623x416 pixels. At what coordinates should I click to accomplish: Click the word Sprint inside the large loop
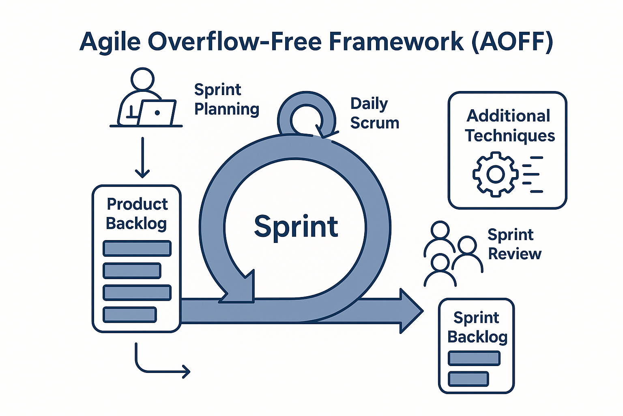[x=296, y=227]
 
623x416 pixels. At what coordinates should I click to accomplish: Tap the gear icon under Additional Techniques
[x=495, y=174]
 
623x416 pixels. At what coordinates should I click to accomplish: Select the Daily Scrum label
[x=374, y=113]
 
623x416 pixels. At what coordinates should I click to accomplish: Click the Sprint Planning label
[x=226, y=100]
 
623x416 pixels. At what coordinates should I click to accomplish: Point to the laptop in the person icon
[x=157, y=113]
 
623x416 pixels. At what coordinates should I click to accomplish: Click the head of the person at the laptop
[x=143, y=79]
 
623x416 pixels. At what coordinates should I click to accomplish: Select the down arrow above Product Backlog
[x=142, y=158]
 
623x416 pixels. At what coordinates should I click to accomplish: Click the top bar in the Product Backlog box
[x=137, y=249]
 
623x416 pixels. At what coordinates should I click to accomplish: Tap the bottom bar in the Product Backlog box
[x=130, y=314]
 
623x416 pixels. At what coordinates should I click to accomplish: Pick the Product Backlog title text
[x=137, y=214]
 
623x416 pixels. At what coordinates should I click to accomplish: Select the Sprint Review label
[x=514, y=244]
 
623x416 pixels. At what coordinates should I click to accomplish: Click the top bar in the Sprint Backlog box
[x=474, y=358]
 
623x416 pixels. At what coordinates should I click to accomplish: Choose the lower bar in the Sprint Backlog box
[x=468, y=379]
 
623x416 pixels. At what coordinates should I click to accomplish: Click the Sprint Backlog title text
[x=477, y=327]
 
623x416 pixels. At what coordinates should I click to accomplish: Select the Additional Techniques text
[x=509, y=126]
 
